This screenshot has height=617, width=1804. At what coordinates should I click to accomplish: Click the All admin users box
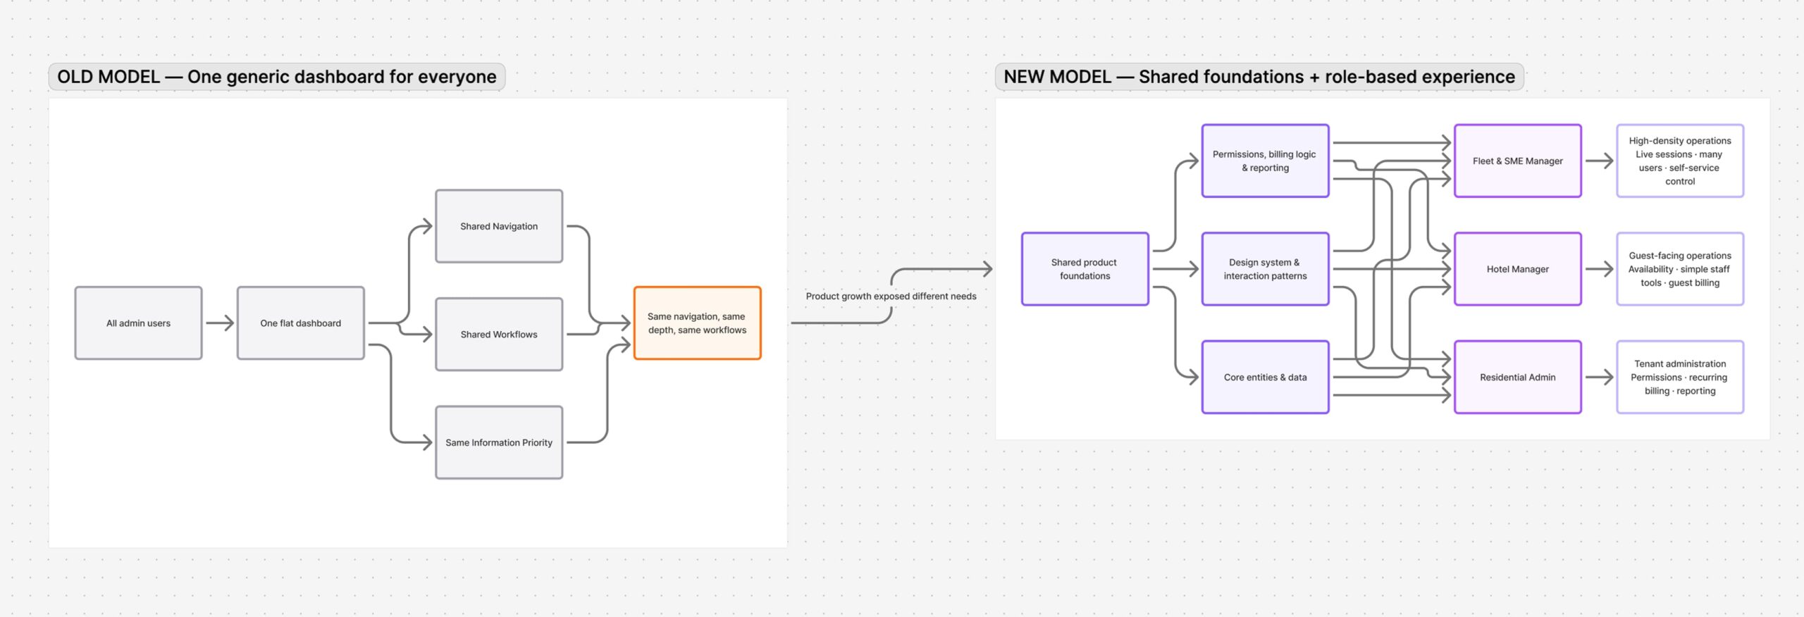point(139,323)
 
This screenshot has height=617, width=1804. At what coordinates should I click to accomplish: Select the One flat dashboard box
point(301,323)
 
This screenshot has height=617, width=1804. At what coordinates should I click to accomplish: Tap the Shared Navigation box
point(499,226)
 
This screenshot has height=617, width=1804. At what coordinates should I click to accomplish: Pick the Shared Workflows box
point(499,335)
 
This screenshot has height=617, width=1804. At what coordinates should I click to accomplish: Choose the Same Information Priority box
point(499,442)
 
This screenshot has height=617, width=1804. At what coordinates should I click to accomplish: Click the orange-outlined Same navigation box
point(698,323)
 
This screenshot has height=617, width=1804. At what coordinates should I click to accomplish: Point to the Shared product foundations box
point(1085,269)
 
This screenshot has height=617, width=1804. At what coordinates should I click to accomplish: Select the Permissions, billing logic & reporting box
point(1266,161)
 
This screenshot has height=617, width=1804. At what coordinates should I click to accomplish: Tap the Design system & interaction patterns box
point(1266,269)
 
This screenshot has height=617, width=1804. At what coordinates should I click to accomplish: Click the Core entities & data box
point(1266,378)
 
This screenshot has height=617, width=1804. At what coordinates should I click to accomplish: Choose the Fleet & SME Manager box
point(1518,161)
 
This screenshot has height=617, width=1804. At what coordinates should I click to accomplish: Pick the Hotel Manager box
point(1518,269)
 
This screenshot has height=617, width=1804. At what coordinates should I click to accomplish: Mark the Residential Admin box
point(1518,378)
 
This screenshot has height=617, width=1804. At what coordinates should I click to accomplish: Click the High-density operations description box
point(1680,161)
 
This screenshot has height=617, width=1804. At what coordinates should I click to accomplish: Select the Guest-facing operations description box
point(1680,269)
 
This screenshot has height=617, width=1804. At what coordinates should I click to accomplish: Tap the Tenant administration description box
point(1680,378)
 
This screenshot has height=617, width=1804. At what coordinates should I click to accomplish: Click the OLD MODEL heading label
point(277,77)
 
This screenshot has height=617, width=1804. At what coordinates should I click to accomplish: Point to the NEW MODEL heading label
point(1259,77)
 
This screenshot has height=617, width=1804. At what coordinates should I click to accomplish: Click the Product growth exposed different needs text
point(891,297)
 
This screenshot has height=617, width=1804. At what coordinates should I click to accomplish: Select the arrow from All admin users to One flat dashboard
point(220,323)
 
